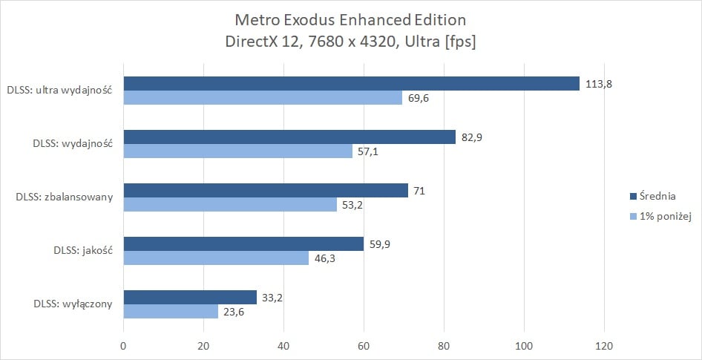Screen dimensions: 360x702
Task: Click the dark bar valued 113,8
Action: (351, 83)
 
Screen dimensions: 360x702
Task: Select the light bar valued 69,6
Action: (263, 97)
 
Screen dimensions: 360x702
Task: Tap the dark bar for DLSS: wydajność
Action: (289, 137)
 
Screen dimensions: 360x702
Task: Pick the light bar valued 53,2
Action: (230, 204)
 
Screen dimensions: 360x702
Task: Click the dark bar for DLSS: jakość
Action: (243, 243)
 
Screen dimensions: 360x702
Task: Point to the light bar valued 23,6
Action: (171, 311)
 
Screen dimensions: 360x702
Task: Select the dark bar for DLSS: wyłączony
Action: (190, 297)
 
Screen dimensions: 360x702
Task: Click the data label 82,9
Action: (472, 137)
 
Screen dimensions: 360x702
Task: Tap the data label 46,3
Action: (325, 258)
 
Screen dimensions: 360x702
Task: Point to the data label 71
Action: (419, 191)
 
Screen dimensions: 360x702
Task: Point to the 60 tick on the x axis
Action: (364, 345)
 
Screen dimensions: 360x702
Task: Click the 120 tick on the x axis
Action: (604, 345)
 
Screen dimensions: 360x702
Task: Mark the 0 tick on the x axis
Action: (123, 345)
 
